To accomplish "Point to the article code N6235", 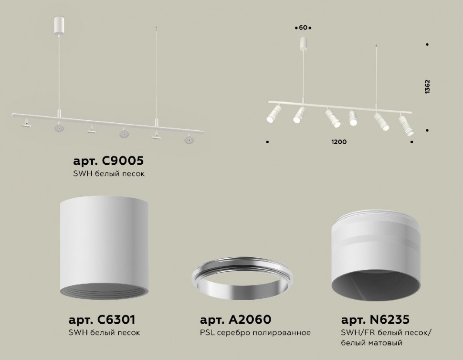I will pos(375,319).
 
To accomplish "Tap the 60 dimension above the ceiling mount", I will pos(303,28).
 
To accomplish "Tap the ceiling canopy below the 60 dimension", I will pos(303,43).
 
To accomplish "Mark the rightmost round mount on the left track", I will pos(189,140).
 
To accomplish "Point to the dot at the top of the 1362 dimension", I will pos(427,45).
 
